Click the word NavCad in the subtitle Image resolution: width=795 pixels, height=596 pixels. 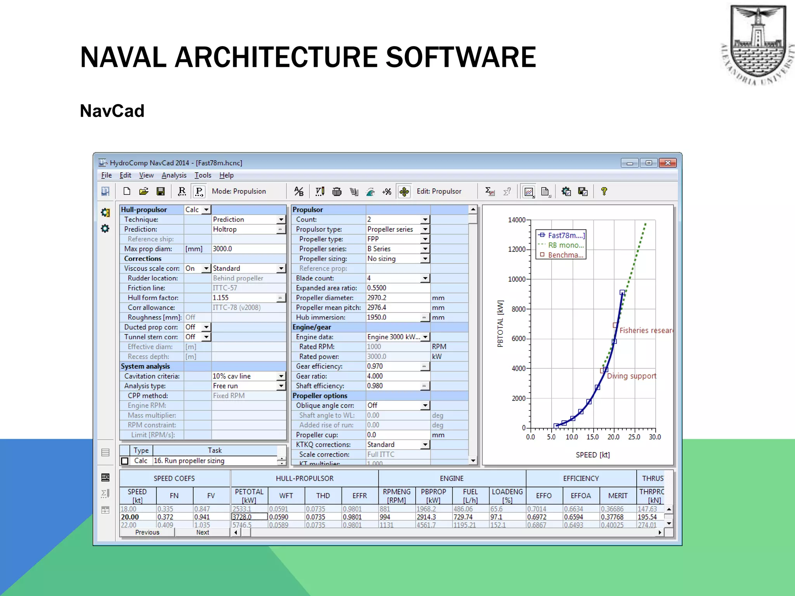112,111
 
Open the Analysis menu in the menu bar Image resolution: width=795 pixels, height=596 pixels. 174,175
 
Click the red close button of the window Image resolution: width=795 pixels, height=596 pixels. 668,163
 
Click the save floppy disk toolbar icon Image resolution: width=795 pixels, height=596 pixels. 160,191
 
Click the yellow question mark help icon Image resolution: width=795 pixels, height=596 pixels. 604,191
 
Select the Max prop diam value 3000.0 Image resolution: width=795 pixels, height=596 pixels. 222,249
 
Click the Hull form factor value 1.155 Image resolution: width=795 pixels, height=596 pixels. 221,298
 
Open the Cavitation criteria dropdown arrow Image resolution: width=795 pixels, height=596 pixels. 281,376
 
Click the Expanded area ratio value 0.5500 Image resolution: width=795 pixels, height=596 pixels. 377,288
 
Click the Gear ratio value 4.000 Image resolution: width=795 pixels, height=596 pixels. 375,376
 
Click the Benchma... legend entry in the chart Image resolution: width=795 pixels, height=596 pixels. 565,255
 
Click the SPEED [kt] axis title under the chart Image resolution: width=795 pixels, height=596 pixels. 592,455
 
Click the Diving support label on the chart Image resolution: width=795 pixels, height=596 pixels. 631,376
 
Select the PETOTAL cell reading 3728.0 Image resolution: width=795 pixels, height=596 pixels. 242,517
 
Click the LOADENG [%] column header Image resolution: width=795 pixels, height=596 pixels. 507,496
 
